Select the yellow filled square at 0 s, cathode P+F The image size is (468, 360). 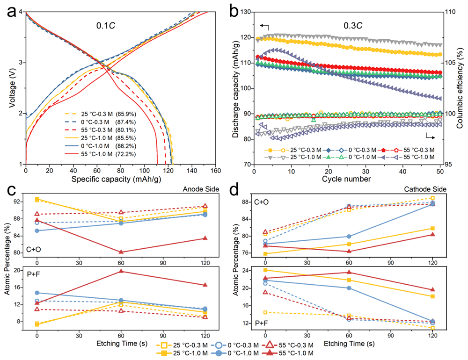pyautogui.click(x=265, y=270)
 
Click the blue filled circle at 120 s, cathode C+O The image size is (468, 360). pyautogui.click(x=432, y=204)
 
